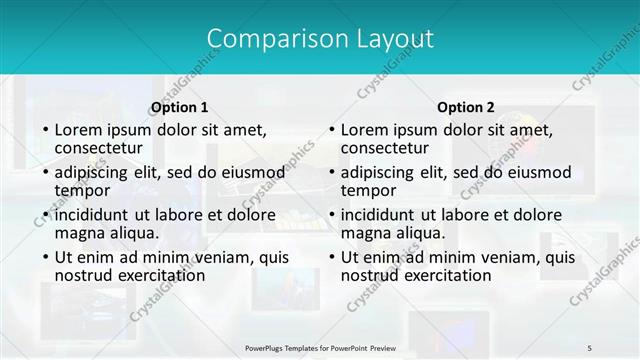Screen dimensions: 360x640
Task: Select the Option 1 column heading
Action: [180, 107]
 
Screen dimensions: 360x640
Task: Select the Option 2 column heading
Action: [466, 107]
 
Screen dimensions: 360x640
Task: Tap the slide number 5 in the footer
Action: [590, 347]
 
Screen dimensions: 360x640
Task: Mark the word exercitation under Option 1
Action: [161, 274]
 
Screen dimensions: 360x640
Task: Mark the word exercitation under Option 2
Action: [447, 274]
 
